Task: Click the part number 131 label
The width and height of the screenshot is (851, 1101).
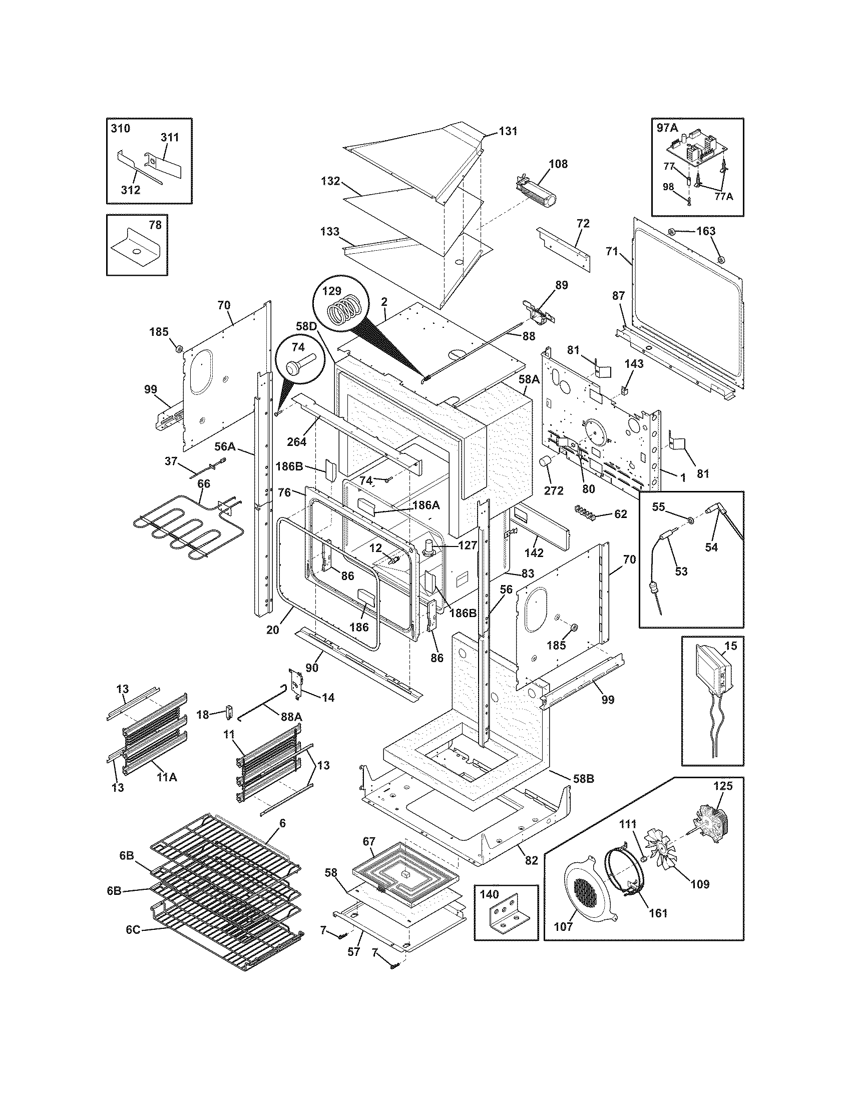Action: coord(508,131)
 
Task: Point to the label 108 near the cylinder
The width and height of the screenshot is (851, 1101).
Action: coord(558,164)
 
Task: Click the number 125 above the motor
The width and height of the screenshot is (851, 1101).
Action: coord(723,786)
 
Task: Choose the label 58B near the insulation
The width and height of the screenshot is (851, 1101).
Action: coord(584,778)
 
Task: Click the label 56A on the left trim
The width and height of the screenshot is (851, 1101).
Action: coord(225,446)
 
